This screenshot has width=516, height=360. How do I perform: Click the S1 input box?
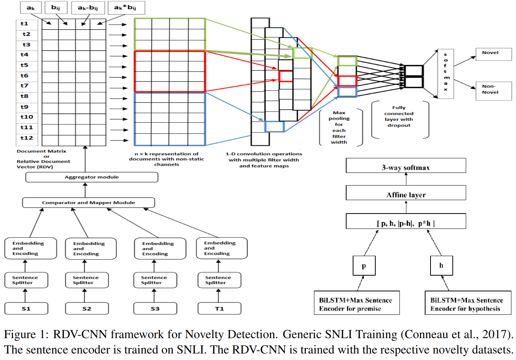click(26, 308)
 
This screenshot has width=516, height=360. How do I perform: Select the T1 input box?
click(219, 308)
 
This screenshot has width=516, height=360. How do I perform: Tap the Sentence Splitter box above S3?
click(155, 280)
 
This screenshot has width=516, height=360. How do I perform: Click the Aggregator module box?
click(92, 177)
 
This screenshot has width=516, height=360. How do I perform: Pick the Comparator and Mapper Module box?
click(89, 202)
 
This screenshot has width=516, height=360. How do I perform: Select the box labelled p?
click(364, 265)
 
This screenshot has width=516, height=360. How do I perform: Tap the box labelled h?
click(441, 265)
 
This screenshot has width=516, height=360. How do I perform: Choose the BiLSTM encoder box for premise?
click(357, 303)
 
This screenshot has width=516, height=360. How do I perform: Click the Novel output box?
click(493, 54)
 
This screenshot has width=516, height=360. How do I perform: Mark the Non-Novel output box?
click(493, 91)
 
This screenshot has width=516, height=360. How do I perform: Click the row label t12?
click(27, 138)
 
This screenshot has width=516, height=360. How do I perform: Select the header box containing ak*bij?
click(126, 8)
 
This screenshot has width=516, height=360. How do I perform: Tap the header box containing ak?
click(31, 8)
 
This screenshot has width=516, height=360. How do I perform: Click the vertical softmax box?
click(445, 74)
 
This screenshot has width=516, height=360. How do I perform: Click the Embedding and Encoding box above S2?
click(90, 248)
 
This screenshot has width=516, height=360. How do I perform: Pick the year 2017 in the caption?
click(497, 335)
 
